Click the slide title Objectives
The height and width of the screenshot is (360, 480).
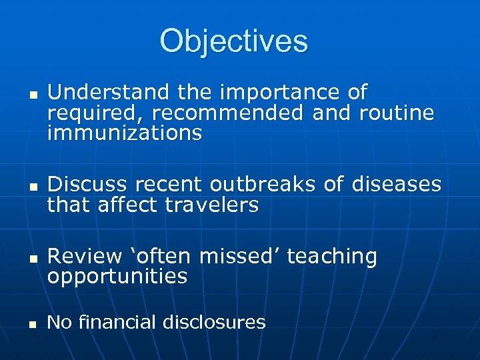[x=234, y=41]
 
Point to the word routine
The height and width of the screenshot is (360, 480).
[x=397, y=113]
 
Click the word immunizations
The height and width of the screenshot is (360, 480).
[x=125, y=133]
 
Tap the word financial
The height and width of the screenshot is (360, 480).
[x=115, y=323]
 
